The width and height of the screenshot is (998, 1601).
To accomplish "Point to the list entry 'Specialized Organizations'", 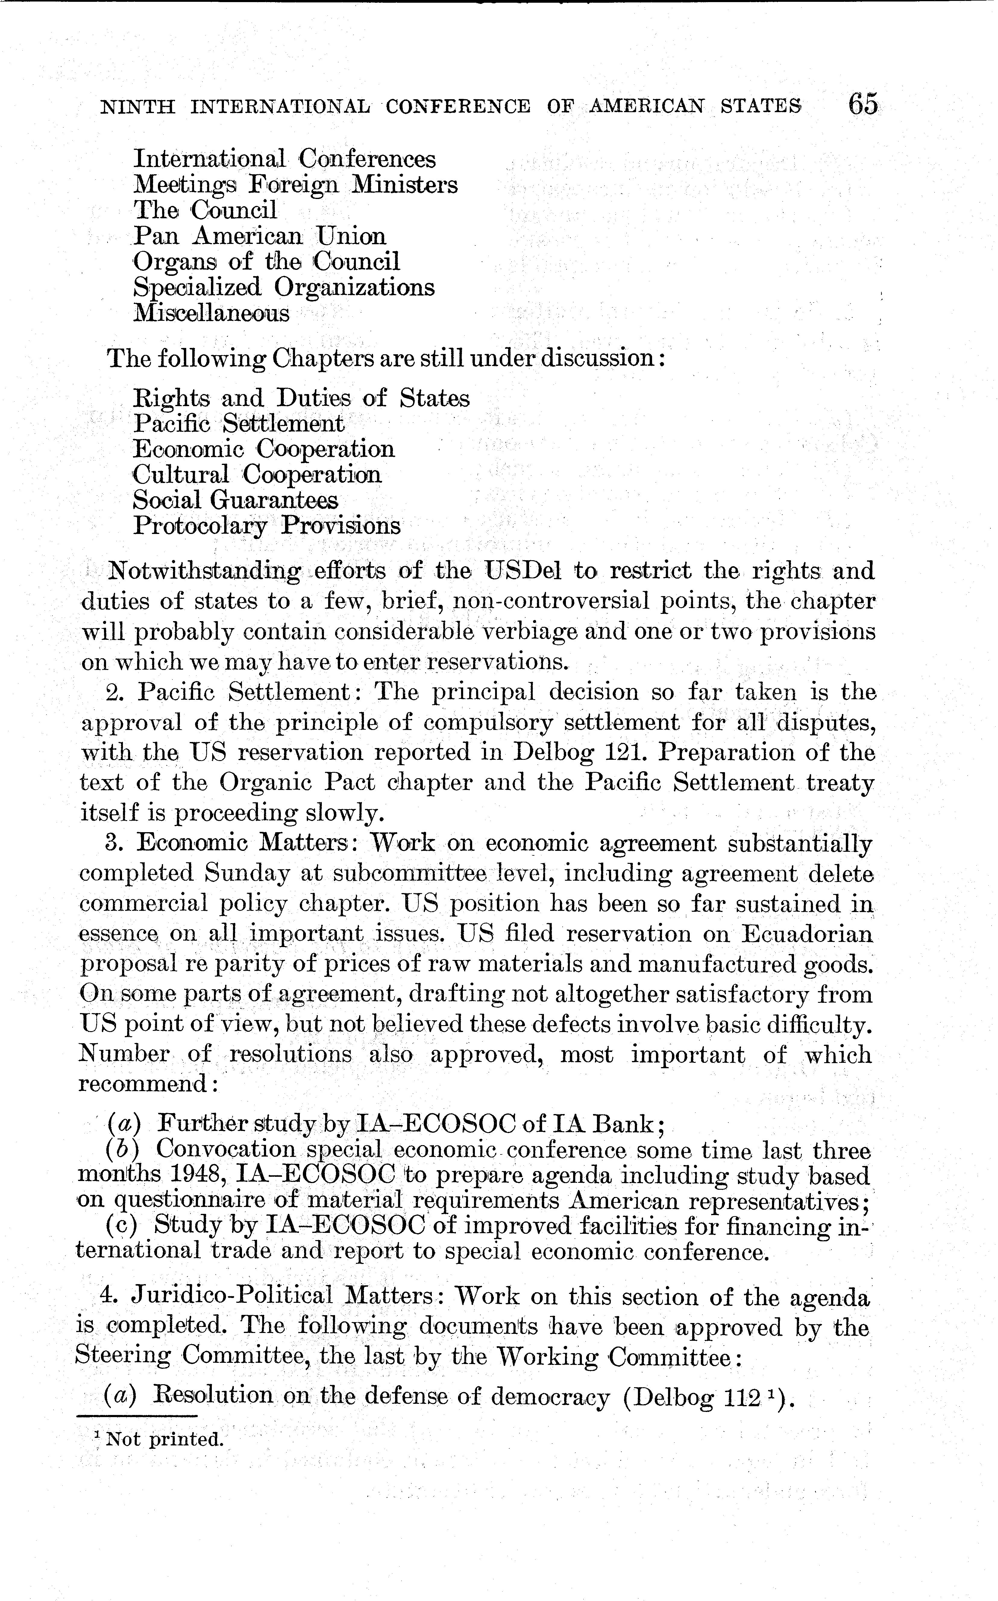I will click(284, 287).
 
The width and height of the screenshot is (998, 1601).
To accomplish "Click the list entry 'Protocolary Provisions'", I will click(267, 526).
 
